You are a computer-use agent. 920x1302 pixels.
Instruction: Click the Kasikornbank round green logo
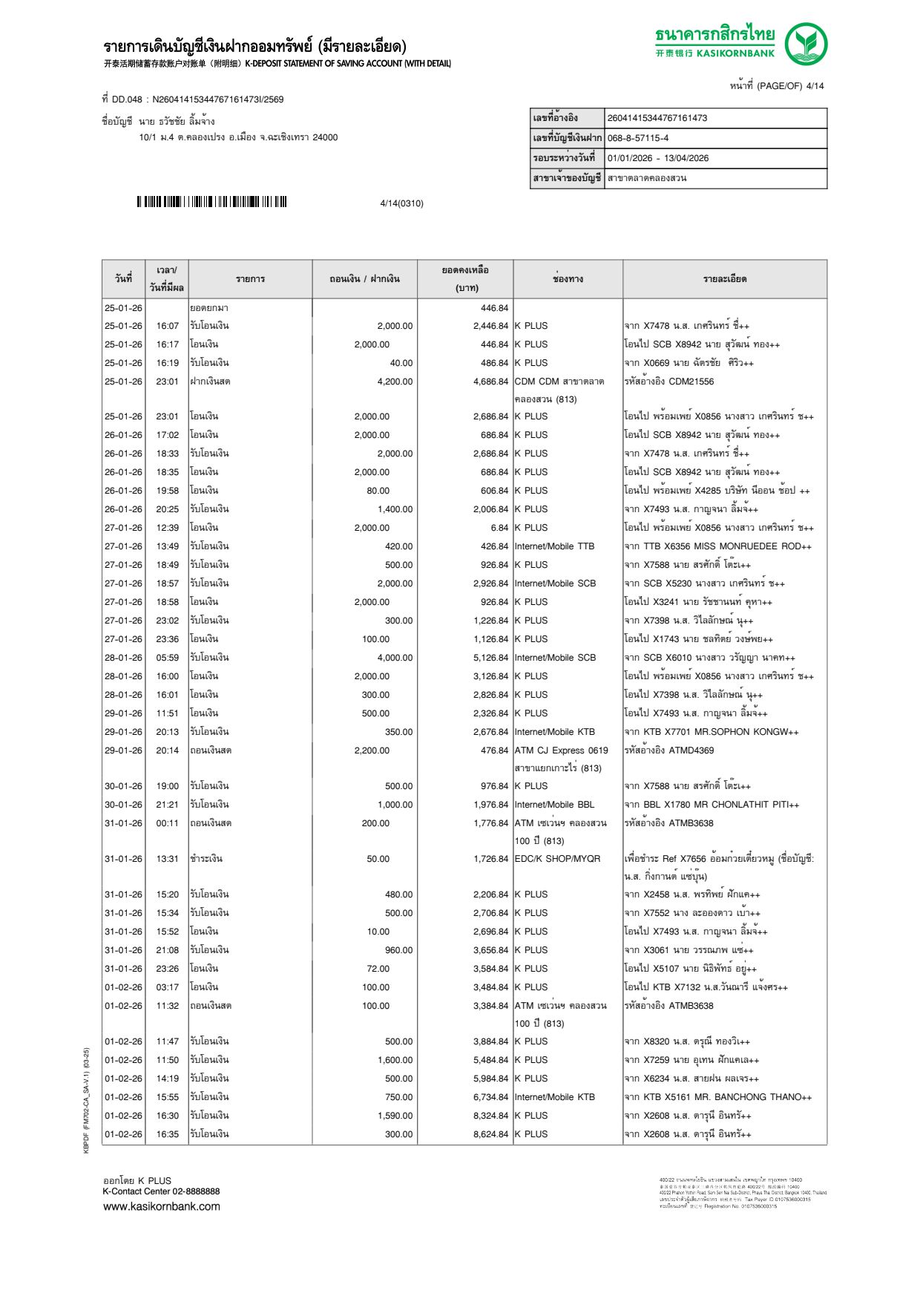[x=806, y=43]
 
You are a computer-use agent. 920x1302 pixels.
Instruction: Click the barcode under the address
[x=211, y=202]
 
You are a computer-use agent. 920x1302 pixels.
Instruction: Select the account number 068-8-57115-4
[x=638, y=138]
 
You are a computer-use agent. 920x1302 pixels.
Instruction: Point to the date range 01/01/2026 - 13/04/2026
[x=658, y=158]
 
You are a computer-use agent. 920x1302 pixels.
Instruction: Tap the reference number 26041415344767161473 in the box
[x=657, y=118]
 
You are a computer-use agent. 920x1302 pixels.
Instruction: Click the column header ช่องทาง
[x=568, y=279]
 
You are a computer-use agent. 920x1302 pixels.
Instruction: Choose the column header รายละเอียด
[x=725, y=279]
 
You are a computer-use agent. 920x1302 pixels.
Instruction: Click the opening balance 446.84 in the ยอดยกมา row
[x=494, y=308]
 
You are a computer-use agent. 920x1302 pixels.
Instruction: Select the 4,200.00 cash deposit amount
[x=395, y=382]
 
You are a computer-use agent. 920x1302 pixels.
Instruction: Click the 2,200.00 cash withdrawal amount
[x=372, y=750]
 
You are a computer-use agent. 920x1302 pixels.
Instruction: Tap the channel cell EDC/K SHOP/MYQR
[x=557, y=859]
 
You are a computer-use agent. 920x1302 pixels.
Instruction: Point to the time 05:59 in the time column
[x=167, y=658]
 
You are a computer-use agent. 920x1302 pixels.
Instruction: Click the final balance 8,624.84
[x=490, y=1134]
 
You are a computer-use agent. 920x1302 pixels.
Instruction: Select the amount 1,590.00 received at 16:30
[x=395, y=1116]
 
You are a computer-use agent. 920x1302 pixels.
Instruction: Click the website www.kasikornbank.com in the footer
[x=162, y=1206]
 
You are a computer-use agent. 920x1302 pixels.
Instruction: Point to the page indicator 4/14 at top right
[x=815, y=86]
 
